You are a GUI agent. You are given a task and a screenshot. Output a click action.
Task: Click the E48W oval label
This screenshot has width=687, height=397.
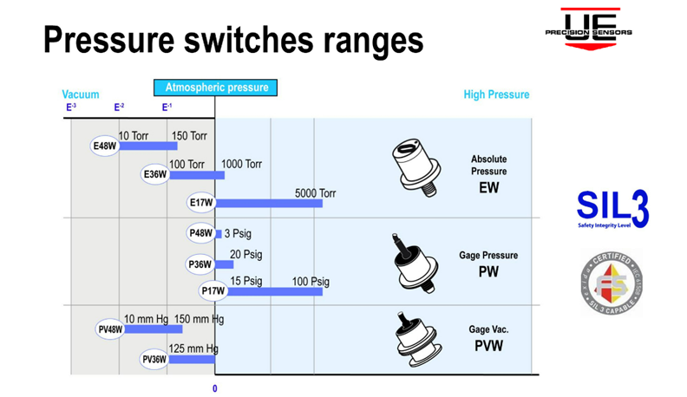coord(104,146)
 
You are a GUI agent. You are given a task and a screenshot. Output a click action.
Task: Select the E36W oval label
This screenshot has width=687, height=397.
coord(154,175)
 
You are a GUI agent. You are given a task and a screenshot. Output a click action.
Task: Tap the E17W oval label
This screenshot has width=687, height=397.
coord(200,204)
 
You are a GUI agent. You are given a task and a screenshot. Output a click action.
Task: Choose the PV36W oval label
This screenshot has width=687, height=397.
coord(154,359)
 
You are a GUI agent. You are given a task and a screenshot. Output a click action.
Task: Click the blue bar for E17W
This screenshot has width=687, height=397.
coord(269,203)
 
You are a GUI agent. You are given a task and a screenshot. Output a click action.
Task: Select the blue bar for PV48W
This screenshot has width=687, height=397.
coord(168,329)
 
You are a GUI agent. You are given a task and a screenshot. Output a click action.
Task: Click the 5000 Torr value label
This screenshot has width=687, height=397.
coord(316,192)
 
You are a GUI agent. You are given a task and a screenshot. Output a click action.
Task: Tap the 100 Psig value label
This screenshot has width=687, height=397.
coord(311,281)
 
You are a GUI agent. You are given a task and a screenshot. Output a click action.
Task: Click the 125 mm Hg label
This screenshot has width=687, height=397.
coord(193,348)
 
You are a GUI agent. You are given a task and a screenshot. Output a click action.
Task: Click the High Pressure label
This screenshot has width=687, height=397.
coord(496,94)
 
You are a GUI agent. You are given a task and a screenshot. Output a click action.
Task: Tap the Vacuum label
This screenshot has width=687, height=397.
coord(80,94)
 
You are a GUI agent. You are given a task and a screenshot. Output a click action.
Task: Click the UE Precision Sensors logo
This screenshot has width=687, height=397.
coord(588,28)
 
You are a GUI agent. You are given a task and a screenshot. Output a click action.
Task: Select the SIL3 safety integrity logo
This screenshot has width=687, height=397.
coord(612,209)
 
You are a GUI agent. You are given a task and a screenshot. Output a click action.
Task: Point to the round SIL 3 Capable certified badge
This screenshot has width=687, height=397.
coord(611,283)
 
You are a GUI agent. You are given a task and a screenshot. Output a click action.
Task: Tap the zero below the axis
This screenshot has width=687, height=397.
coord(215,388)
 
